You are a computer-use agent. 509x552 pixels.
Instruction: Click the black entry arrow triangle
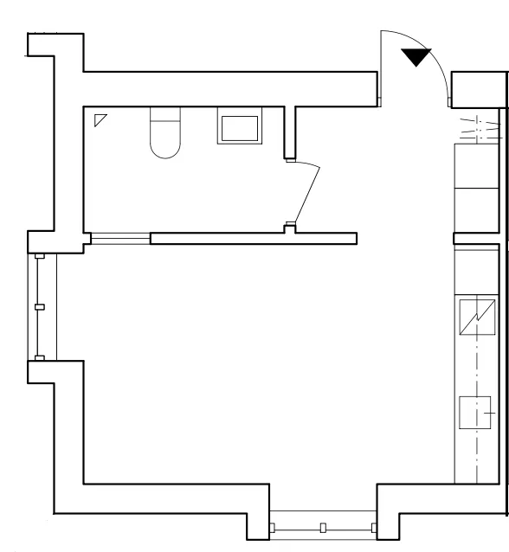[416, 57]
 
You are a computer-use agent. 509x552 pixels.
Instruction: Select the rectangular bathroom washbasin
[240, 129]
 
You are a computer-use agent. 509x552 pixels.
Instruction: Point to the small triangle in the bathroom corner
[100, 119]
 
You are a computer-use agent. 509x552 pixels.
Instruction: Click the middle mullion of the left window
[39, 307]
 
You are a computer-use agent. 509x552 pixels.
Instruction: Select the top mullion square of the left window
[39, 257]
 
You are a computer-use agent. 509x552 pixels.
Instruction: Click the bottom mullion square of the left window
[39, 357]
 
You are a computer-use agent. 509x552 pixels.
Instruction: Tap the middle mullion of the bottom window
[322, 527]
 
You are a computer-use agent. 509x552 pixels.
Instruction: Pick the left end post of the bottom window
[272, 527]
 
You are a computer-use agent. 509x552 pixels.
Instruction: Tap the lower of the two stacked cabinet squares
[477, 209]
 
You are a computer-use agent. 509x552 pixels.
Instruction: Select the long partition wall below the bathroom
[254, 238]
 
